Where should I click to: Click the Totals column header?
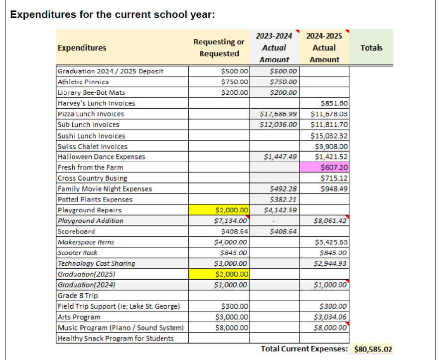pos(371,48)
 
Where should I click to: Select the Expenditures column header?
pos(82,48)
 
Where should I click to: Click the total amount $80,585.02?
pos(373,349)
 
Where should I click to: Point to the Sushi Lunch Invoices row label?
pos(91,136)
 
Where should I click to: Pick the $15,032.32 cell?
pos(329,136)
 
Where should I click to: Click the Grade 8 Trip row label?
pos(78,296)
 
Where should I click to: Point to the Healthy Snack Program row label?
pos(116,339)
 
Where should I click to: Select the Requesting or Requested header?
pos(219,48)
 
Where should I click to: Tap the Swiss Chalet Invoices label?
pos(93,147)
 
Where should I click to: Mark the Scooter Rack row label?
pos(78,253)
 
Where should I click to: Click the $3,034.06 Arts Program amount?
pos(330,317)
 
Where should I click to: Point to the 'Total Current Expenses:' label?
pos(304,349)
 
